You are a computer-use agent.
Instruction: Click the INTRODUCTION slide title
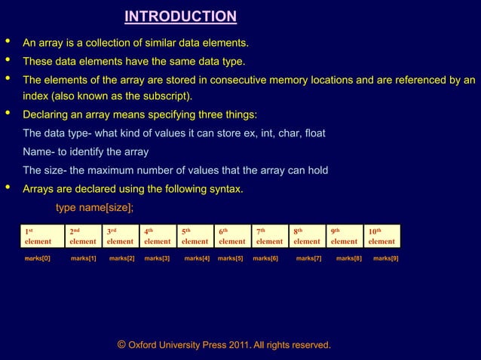click(x=180, y=17)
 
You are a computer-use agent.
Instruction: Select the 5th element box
click(x=195, y=236)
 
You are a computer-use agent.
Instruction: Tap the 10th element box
click(x=381, y=236)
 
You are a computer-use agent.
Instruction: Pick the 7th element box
click(x=269, y=236)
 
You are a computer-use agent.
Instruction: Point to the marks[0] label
click(x=37, y=258)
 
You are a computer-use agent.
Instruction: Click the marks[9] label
click(x=386, y=258)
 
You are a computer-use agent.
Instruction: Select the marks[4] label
click(x=197, y=258)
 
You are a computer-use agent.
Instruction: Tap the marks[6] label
click(x=265, y=258)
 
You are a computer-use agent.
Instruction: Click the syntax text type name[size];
click(x=95, y=208)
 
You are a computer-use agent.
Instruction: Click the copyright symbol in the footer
click(x=121, y=345)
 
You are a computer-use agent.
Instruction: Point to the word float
click(x=312, y=133)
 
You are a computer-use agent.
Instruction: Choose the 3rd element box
click(x=120, y=236)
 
